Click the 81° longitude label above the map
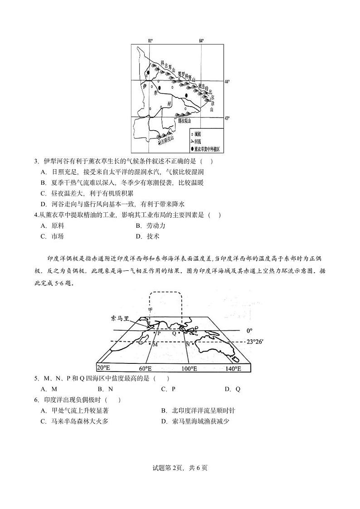coord(150,41)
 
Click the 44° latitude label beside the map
coord(228,81)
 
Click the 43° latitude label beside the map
coord(228,118)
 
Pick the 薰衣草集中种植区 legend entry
coord(207,148)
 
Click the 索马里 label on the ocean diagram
coord(120,318)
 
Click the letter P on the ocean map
coord(159,333)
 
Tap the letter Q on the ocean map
coord(174,333)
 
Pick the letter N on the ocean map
coord(187,344)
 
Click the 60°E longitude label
coord(146,368)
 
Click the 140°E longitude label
coord(232,368)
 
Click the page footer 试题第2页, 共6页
coord(180,468)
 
